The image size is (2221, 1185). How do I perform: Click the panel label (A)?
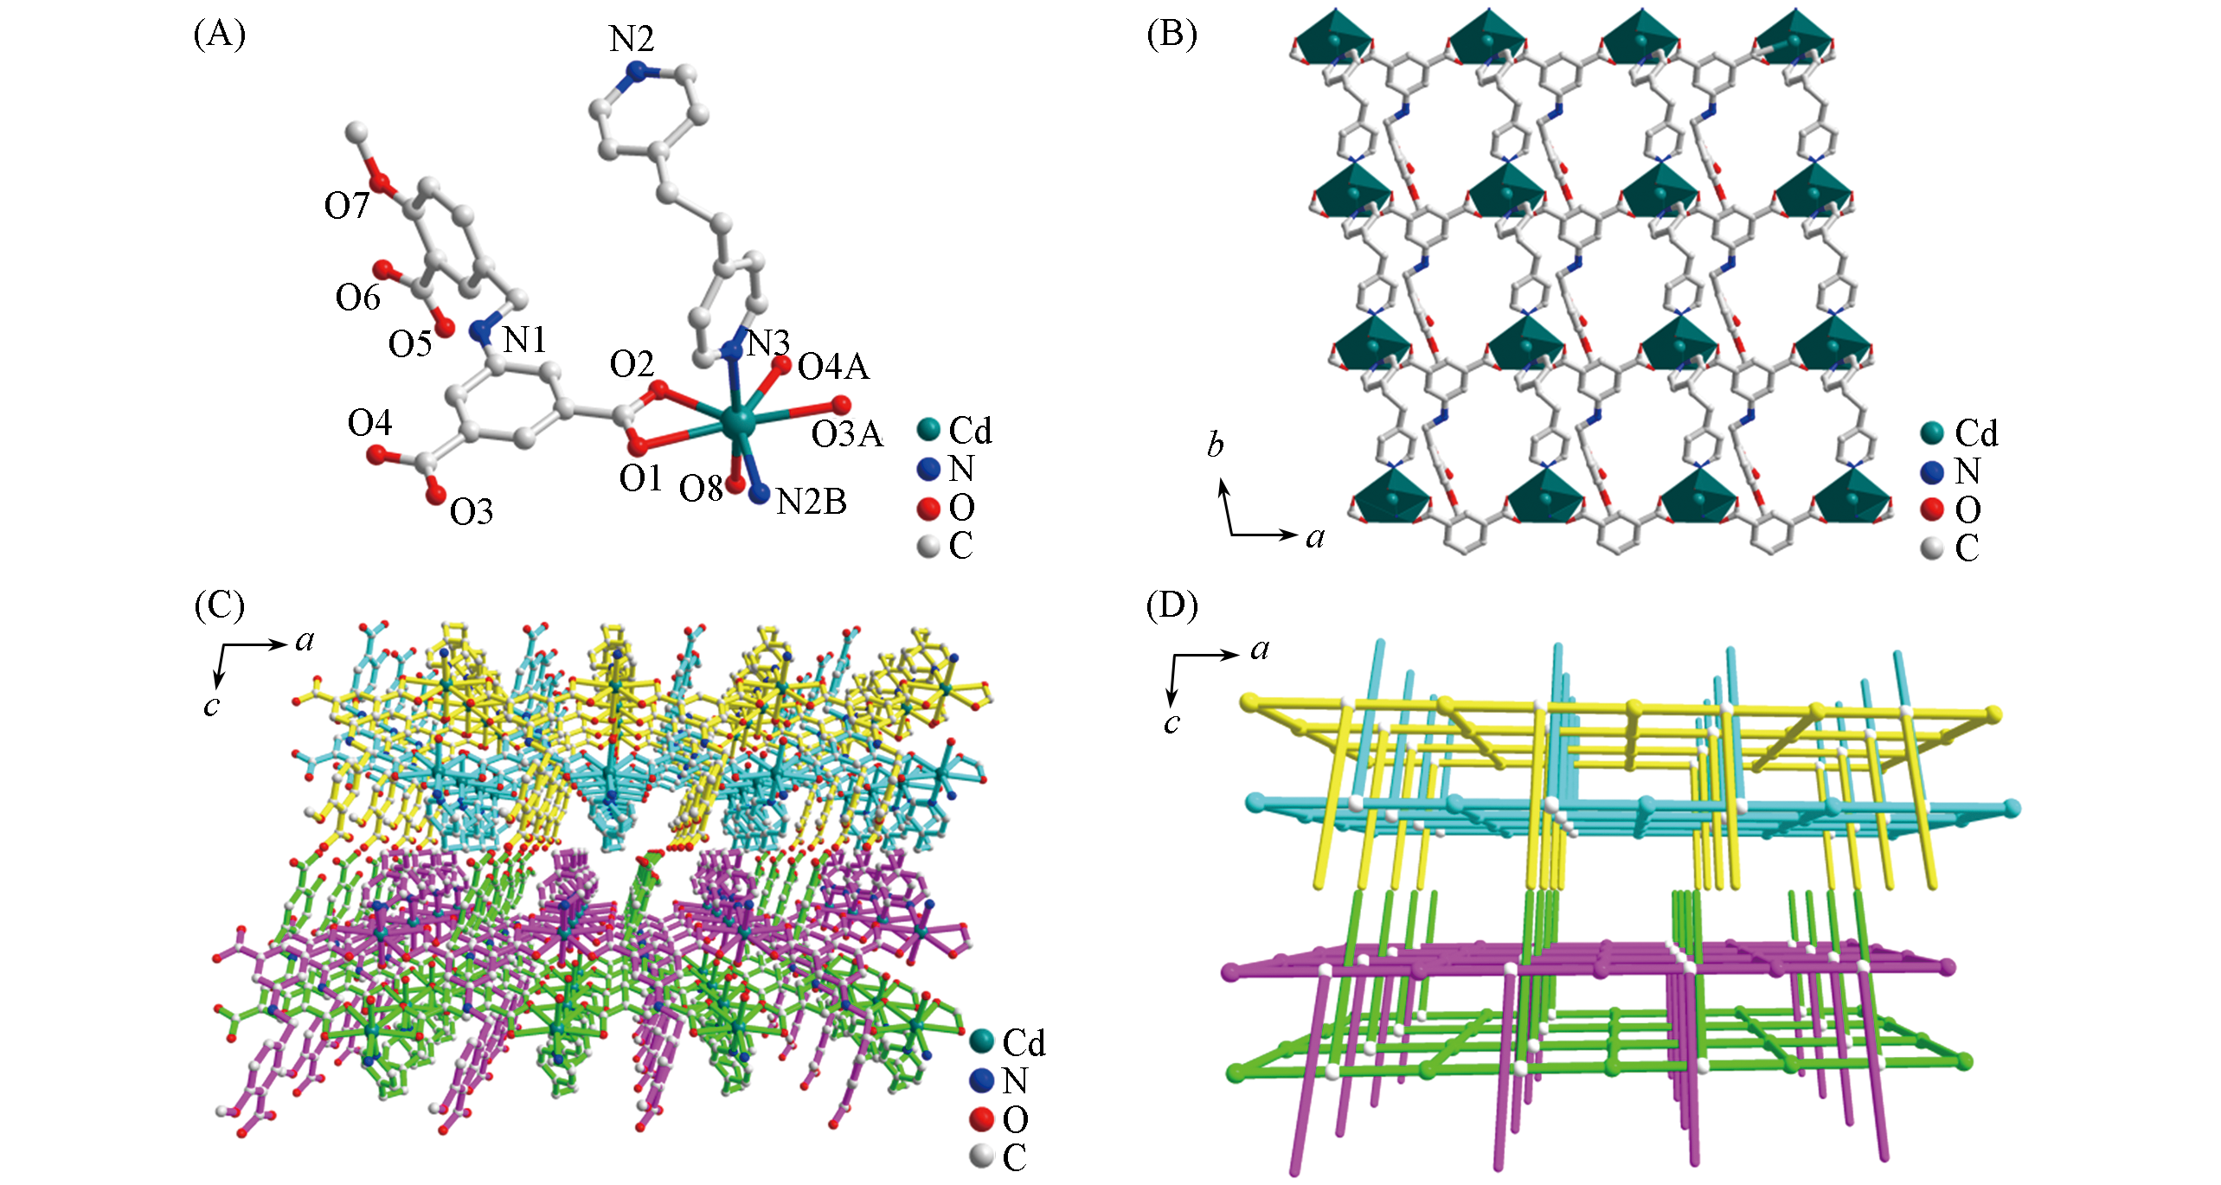[x=220, y=35]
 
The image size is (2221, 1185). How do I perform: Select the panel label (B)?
[x=1171, y=35]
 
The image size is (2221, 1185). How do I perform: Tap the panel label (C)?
[x=220, y=606]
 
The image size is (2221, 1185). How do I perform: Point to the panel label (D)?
[x=1171, y=606]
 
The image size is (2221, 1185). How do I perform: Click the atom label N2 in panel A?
[x=631, y=40]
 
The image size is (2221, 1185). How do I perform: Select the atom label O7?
[x=346, y=206]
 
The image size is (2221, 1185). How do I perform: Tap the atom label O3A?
[x=846, y=434]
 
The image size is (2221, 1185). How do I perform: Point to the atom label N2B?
[x=811, y=502]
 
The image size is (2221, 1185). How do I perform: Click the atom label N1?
[x=524, y=340]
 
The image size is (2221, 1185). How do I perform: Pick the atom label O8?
[x=700, y=490]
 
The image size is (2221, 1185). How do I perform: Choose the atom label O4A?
[x=832, y=368]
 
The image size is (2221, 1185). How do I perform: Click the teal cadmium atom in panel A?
[x=737, y=423]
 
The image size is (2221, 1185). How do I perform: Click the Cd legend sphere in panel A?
[x=928, y=430]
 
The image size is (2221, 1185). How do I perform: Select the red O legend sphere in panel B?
[x=1932, y=509]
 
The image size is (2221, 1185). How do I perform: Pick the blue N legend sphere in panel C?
[x=980, y=1080]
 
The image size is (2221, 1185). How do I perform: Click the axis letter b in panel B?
[x=1216, y=445]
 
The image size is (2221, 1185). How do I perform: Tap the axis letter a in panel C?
[x=305, y=641]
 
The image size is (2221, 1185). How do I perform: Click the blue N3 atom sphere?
[x=732, y=350]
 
